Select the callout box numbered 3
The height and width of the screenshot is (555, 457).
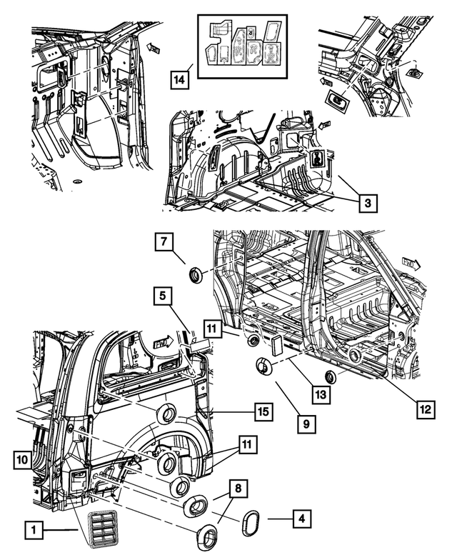[x=366, y=204]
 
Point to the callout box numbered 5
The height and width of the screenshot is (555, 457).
[x=163, y=294]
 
